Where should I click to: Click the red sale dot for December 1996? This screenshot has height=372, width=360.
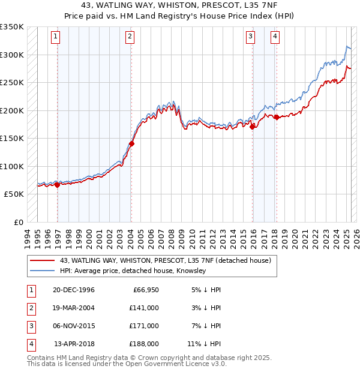click(x=58, y=185)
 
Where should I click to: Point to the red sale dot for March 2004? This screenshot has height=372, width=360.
click(x=131, y=143)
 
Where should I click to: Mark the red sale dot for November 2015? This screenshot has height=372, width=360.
click(x=252, y=127)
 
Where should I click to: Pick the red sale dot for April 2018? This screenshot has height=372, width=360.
click(x=277, y=117)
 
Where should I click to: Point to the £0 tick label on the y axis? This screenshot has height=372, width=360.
click(x=18, y=223)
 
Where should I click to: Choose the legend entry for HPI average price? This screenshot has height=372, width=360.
click(x=133, y=271)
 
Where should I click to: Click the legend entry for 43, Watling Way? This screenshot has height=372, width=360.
click(x=165, y=260)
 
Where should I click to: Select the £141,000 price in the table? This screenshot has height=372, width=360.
click(x=144, y=307)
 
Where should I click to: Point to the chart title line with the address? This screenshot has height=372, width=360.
click(x=180, y=5)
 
